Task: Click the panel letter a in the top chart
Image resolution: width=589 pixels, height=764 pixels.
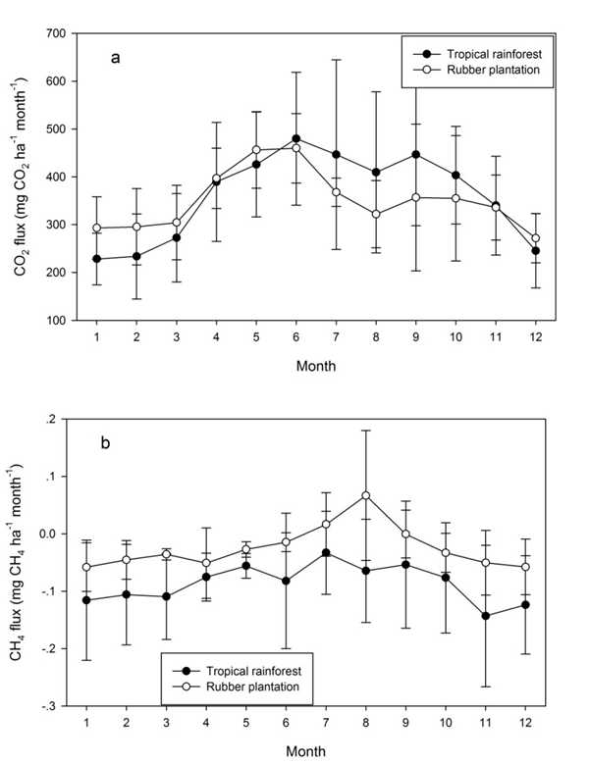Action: tap(116, 58)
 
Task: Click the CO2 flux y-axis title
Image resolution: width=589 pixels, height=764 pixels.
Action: tap(22, 177)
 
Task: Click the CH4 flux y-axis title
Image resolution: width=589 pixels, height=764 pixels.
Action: tap(22, 561)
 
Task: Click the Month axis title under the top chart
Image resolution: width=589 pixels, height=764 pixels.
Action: tap(317, 368)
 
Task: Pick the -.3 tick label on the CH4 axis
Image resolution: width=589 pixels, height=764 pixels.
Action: tap(52, 706)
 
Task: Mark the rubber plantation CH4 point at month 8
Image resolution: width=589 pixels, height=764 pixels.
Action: tap(365, 495)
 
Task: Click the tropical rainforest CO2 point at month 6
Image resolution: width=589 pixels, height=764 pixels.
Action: tap(295, 138)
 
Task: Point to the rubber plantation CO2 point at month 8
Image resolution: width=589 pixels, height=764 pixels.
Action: tap(365, 214)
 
